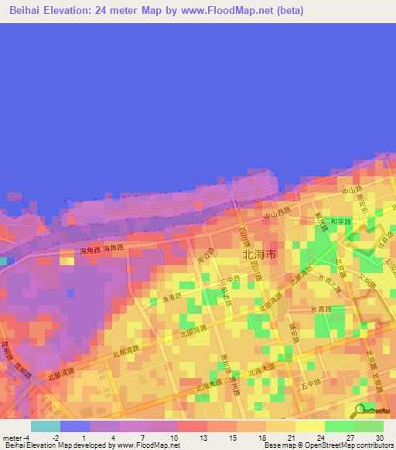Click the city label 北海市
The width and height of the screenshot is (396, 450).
260,254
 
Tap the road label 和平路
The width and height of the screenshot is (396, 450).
340,220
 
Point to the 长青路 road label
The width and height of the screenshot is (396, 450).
299,309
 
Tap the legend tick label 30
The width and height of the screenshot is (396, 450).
379,437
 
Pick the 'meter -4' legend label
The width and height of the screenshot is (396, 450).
15,437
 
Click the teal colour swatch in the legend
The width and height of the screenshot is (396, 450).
46,425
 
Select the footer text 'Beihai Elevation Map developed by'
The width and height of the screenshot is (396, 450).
56,445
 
